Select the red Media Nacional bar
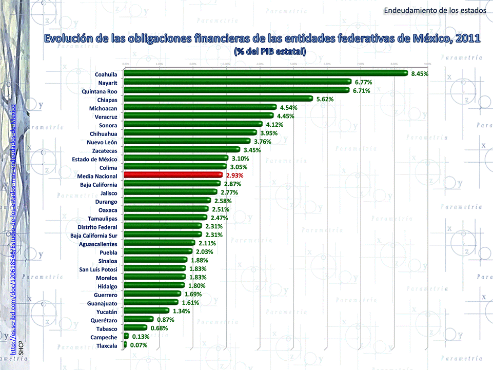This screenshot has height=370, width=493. coord(173,175)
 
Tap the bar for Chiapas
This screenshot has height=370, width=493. coord(218,99)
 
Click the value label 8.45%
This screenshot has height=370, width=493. coord(420,74)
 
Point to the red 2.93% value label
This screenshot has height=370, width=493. coord(234,176)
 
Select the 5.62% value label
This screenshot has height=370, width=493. coord(325,99)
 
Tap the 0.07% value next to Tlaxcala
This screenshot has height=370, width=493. coord(139,345)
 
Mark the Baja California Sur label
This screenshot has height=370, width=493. coord(94,236)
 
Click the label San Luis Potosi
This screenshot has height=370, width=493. coord(98,269)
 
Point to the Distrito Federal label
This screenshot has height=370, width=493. coord(97,227)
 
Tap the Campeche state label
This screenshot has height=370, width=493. coord(104,337)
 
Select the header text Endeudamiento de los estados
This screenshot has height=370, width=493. coord(435,10)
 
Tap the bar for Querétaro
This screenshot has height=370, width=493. coord(139,319)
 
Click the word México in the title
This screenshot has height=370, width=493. coord(429,39)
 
